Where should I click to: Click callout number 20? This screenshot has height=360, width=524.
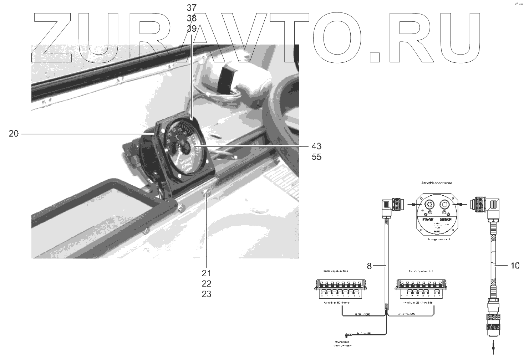click(14, 134)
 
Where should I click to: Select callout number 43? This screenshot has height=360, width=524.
click(316, 146)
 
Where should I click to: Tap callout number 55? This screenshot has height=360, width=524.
click(316, 157)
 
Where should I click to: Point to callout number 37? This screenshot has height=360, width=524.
click(192, 8)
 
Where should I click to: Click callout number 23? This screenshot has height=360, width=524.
click(207, 294)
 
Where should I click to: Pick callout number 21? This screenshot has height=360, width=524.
click(207, 273)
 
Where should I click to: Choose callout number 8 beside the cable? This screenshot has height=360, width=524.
click(369, 266)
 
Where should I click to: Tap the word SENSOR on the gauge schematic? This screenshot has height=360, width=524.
click(446, 220)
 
